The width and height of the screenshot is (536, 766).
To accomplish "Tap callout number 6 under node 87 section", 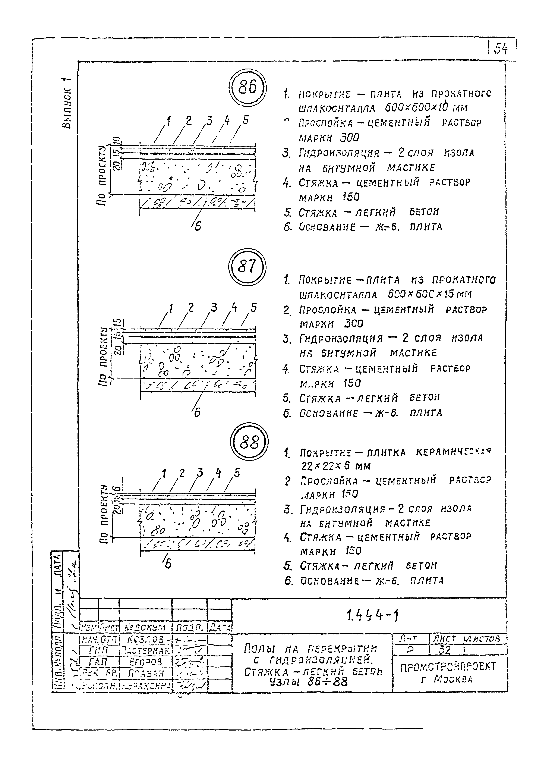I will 197,413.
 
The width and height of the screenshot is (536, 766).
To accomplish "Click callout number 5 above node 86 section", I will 246,120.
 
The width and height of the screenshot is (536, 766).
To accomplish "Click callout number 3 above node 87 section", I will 214,308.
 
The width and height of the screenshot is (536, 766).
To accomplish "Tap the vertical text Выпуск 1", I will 66,103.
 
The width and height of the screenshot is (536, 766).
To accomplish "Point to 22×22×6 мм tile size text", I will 335,466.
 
